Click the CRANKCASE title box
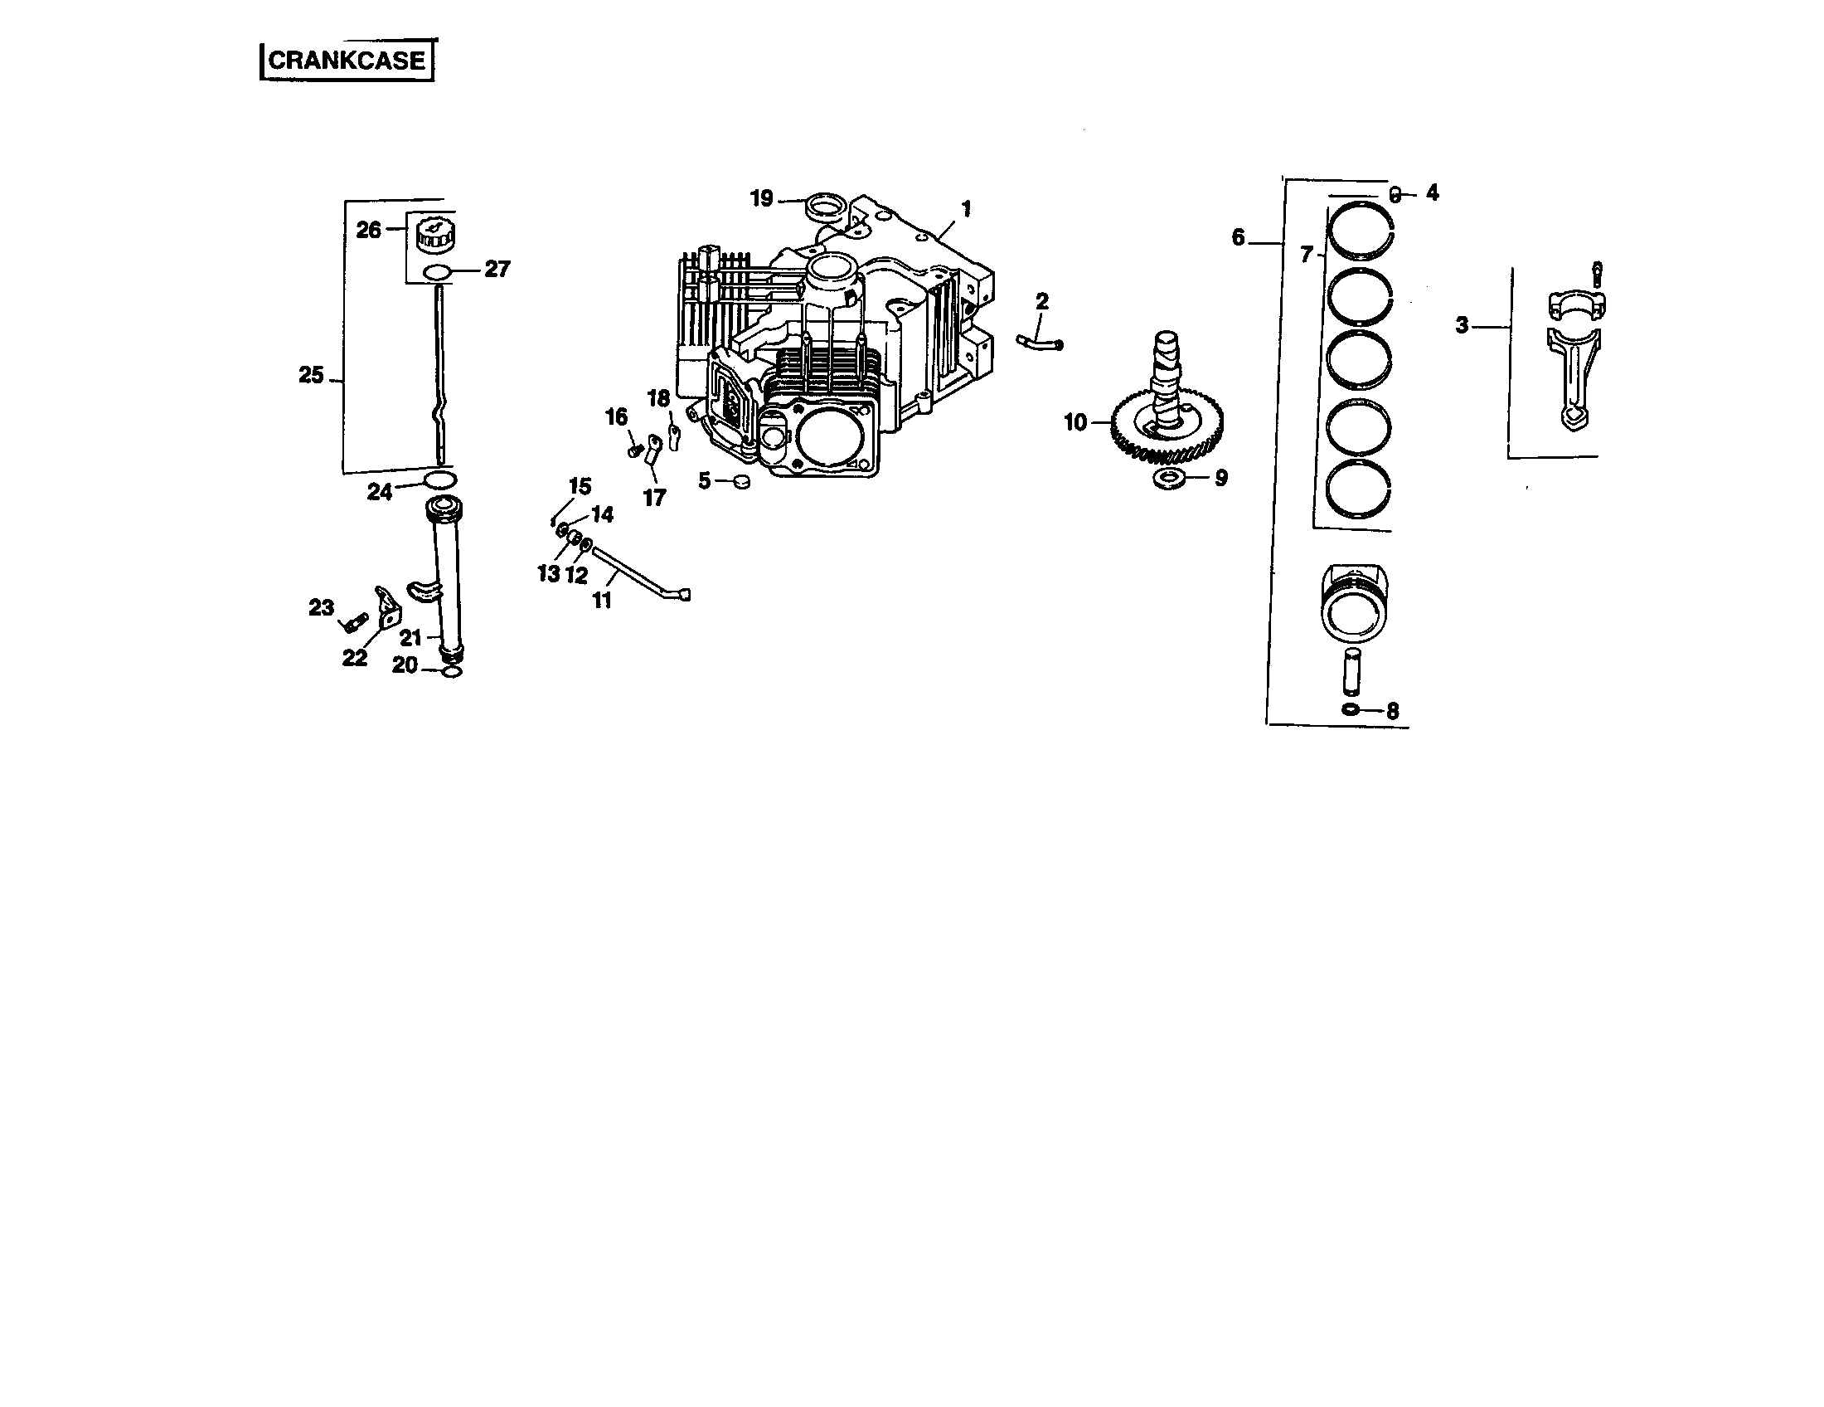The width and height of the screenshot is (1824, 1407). (347, 61)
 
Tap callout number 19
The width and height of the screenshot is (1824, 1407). (761, 199)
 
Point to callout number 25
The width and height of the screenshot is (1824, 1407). (311, 376)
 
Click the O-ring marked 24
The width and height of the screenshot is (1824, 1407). (440, 480)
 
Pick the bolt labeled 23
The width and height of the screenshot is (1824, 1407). (354, 622)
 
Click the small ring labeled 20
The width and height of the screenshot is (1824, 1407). (452, 672)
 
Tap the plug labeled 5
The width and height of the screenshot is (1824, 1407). (740, 481)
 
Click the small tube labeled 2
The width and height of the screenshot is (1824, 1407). (1039, 341)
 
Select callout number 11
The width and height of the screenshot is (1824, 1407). (602, 600)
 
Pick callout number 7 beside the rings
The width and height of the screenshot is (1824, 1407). (1307, 255)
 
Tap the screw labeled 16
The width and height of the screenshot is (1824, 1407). (635, 451)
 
